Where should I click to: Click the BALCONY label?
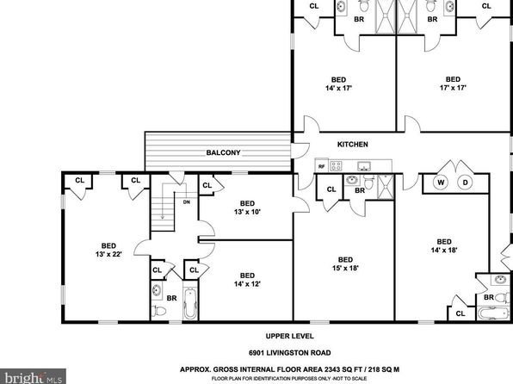tap(223, 152)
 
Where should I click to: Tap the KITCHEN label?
tap(352, 144)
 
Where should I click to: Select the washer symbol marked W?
tap(441, 183)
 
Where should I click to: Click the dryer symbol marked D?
tap(465, 183)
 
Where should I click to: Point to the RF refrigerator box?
tap(322, 166)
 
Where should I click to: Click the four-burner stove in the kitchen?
tap(336, 166)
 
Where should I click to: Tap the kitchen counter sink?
tap(363, 167)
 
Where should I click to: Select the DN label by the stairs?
tap(187, 202)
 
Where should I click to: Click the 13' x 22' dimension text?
tap(108, 254)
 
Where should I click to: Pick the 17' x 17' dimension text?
tap(453, 88)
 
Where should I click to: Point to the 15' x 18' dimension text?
tap(345, 268)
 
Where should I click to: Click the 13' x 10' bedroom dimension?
tap(247, 212)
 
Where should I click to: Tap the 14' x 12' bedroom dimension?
tap(247, 284)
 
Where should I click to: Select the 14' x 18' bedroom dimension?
tap(444, 250)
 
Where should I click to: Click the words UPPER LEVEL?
tap(289, 336)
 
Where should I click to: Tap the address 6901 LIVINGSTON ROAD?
tap(289, 353)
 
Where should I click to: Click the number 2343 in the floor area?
tap(332, 369)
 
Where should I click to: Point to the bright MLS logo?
tap(33, 376)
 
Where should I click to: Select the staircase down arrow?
tap(163, 201)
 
